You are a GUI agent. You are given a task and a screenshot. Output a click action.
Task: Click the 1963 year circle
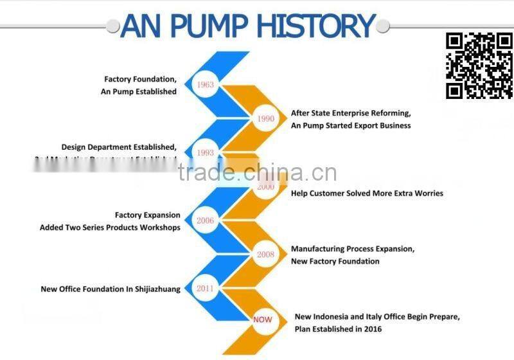[206, 85]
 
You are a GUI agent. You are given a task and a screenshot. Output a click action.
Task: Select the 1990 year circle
[265, 118]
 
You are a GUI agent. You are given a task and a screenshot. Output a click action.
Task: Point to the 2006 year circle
[206, 221]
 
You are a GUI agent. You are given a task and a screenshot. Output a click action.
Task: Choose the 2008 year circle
[265, 255]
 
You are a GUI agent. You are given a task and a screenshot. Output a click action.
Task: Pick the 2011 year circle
[206, 289]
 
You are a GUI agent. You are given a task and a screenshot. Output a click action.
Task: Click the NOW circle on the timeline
[263, 319]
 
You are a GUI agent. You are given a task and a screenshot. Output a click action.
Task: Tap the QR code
[479, 66]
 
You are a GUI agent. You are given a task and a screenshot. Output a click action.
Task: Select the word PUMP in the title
[204, 26]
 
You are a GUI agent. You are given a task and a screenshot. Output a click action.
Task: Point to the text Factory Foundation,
[140, 79]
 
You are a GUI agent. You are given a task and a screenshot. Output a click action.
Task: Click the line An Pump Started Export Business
[351, 125]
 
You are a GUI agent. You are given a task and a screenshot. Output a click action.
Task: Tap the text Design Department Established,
[119, 147]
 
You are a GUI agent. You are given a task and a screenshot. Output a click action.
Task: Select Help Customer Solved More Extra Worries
[367, 193]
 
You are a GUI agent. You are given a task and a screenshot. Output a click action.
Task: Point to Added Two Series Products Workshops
[110, 228]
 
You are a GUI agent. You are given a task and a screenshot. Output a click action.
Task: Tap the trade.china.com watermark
[257, 172]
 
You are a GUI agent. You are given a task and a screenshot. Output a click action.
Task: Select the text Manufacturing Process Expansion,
[353, 248]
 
